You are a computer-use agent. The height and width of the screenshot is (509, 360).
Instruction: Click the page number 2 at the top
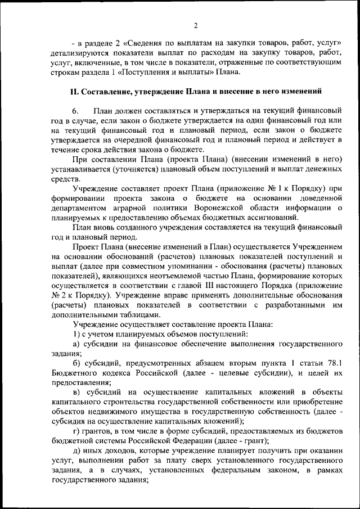click(195, 25)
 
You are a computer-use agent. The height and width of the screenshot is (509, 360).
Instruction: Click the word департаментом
click(80, 209)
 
